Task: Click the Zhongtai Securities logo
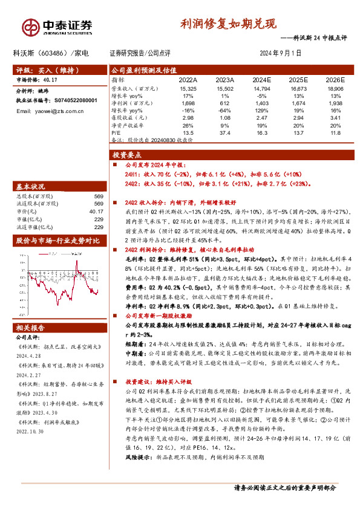[x=57, y=26]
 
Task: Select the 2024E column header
[x=261, y=79]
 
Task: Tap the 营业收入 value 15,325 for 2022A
[x=188, y=88]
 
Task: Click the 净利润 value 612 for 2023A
[x=226, y=103]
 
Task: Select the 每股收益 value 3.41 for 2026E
[x=335, y=117]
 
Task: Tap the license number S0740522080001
[x=71, y=100]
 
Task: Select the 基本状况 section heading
[x=31, y=186]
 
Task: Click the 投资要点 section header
[x=128, y=154]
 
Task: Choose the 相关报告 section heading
[x=31, y=328]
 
